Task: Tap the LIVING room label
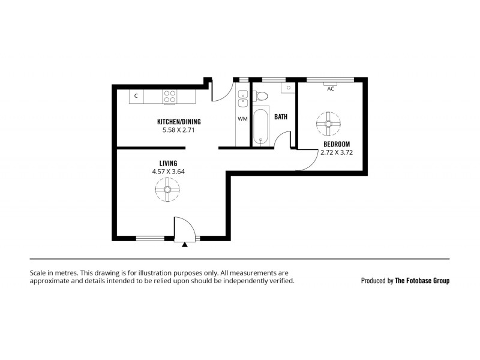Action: click(x=168, y=163)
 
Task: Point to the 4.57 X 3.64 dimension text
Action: click(x=168, y=172)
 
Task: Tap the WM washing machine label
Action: click(x=242, y=119)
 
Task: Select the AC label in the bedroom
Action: click(x=330, y=89)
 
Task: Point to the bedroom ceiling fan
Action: click(x=328, y=124)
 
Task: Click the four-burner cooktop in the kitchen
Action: click(x=170, y=96)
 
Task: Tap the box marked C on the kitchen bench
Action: click(x=136, y=96)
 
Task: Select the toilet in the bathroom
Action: click(x=260, y=95)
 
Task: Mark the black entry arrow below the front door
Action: click(x=185, y=244)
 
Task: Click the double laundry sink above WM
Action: click(x=242, y=98)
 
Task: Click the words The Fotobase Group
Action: click(x=422, y=280)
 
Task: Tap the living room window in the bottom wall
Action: click(x=150, y=238)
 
